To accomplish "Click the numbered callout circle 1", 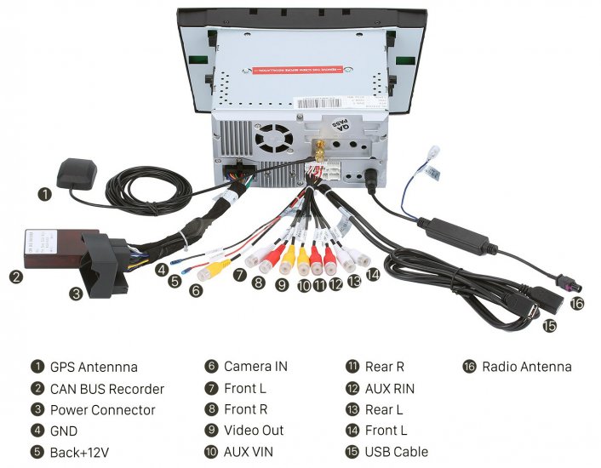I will pyautogui.click(x=45, y=194).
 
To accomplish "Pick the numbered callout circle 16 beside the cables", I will pyautogui.click(x=577, y=302).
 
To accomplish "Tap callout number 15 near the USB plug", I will pyautogui.click(x=549, y=326).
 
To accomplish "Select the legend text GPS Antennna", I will pyautogui.click(x=94, y=368).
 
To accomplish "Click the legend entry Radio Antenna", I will pyautogui.click(x=526, y=368).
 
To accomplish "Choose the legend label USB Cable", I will pyautogui.click(x=396, y=452).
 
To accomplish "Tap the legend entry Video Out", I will pyautogui.click(x=254, y=431).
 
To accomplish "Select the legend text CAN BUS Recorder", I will pyautogui.click(x=106, y=389).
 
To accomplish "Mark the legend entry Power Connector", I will pyautogui.click(x=102, y=410).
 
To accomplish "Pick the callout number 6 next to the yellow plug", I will pyautogui.click(x=196, y=291).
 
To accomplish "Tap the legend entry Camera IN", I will pyautogui.click(x=255, y=368).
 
